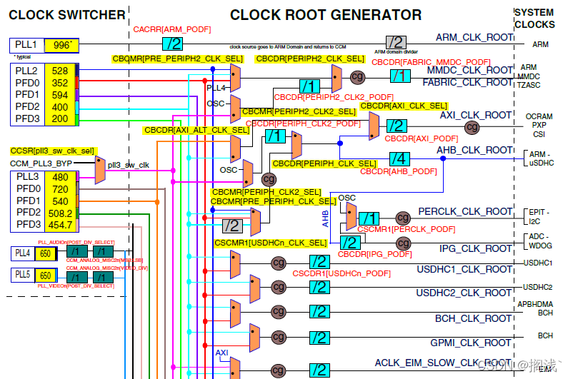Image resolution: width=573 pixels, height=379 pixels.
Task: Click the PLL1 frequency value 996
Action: pyautogui.click(x=61, y=46)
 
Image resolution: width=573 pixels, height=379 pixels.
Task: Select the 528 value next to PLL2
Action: pyautogui.click(x=60, y=71)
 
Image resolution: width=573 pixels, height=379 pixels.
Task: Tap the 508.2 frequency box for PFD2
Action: pyautogui.click(x=60, y=213)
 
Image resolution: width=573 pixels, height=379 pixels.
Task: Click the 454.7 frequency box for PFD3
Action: pyautogui.click(x=60, y=225)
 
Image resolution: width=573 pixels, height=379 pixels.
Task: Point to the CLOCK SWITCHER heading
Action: pyautogui.click(x=66, y=14)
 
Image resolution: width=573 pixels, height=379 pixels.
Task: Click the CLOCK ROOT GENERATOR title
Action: pyautogui.click(x=326, y=14)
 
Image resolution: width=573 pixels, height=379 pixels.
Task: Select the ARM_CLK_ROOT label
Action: pyautogui.click(x=474, y=37)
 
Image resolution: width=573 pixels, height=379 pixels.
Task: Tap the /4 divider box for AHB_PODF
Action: pyautogui.click(x=399, y=158)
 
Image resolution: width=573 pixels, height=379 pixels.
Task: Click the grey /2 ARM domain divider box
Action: pyautogui.click(x=396, y=42)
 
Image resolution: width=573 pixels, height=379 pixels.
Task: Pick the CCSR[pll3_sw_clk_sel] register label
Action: pyautogui.click(x=52, y=151)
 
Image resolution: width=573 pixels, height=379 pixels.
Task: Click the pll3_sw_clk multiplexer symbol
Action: pyautogui.click(x=99, y=170)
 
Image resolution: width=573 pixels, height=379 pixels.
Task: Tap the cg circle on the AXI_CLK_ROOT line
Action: pyautogui.click(x=472, y=127)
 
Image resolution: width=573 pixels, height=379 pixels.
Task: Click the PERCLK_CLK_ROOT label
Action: pyautogui.click(x=465, y=212)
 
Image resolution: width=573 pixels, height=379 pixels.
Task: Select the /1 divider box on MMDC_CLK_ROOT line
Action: pyautogui.click(x=400, y=75)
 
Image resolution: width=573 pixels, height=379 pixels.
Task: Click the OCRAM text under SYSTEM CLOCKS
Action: pyautogui.click(x=539, y=116)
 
